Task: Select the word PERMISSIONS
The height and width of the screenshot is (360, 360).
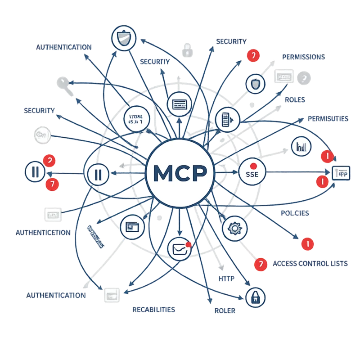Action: coord(303,57)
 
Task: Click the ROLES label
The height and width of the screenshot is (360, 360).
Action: coord(295,100)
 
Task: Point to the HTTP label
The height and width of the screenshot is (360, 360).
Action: coord(226,279)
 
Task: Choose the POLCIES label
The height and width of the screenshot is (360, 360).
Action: coord(295,213)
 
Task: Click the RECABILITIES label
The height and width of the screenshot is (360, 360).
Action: coord(154,310)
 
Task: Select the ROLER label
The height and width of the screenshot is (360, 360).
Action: coord(224,310)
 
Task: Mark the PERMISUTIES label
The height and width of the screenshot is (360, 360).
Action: coord(328,119)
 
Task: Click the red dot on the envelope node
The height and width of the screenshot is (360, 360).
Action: coord(189,244)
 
